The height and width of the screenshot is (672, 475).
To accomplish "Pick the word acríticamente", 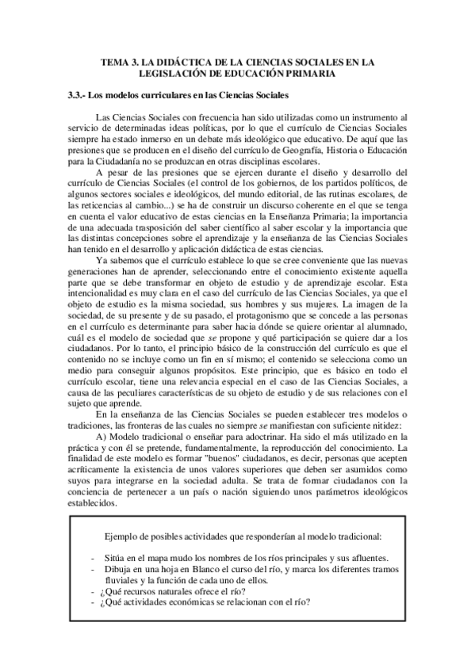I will click(x=94, y=475).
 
